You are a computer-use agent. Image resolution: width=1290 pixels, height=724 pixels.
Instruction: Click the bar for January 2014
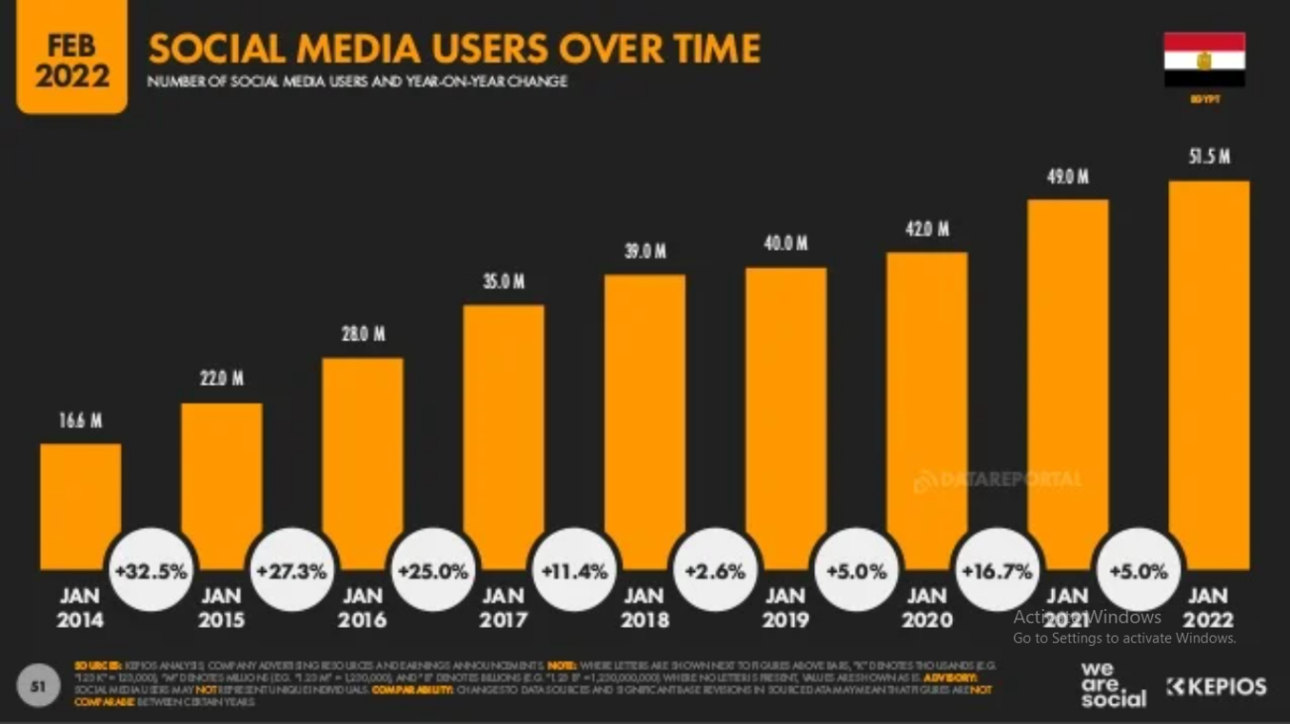click(80, 506)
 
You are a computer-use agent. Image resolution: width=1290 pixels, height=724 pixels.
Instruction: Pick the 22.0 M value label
click(222, 379)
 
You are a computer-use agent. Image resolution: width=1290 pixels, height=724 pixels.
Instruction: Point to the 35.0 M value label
click(504, 282)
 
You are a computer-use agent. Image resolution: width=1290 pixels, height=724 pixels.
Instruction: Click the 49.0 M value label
click(1068, 177)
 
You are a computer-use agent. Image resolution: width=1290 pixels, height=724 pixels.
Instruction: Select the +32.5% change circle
click(151, 571)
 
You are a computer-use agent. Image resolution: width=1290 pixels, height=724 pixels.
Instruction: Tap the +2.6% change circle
click(715, 571)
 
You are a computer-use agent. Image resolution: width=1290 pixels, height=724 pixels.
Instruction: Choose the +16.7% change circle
click(997, 571)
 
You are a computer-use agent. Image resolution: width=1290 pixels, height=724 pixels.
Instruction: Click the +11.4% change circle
click(574, 571)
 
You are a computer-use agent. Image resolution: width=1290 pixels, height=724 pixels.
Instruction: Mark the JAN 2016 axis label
click(362, 608)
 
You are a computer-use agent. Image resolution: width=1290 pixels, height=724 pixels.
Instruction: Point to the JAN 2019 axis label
click(785, 608)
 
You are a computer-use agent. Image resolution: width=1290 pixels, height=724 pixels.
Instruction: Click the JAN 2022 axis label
click(1208, 608)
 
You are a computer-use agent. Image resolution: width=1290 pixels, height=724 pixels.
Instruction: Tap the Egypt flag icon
click(1204, 60)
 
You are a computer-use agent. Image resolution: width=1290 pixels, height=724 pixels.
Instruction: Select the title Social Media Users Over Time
click(454, 48)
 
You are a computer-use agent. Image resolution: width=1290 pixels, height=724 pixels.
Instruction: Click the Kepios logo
click(1217, 686)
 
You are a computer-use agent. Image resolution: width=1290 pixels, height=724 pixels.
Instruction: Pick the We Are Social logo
click(1113, 684)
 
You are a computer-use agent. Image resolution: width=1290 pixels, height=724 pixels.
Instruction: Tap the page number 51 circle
click(39, 686)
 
